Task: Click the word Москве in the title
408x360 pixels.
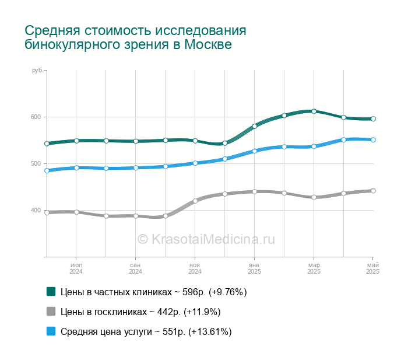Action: (208, 44)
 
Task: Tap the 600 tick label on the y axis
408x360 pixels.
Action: (36, 117)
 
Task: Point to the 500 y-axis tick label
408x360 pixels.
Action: (36, 163)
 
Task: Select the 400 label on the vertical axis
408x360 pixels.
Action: (36, 210)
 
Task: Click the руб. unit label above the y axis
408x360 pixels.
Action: (37, 71)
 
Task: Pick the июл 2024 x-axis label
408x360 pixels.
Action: (76, 268)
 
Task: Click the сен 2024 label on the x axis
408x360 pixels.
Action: (135, 268)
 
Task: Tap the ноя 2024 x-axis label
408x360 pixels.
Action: (195, 268)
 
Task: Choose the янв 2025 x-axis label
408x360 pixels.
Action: (254, 268)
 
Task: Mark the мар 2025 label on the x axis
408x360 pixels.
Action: (314, 268)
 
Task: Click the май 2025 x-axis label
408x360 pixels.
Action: (373, 268)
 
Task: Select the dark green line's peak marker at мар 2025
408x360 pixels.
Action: (314, 111)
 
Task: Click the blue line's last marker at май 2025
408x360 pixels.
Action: (373, 140)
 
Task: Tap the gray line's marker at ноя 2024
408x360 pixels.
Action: (195, 201)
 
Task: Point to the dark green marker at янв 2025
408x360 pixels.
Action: (255, 127)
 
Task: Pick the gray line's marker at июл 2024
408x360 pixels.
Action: (76, 212)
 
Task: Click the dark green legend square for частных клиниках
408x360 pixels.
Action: (51, 292)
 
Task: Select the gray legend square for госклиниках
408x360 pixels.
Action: (51, 312)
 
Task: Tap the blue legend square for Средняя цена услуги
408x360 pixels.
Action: (51, 331)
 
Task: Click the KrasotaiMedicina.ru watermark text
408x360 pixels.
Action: (206, 239)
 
